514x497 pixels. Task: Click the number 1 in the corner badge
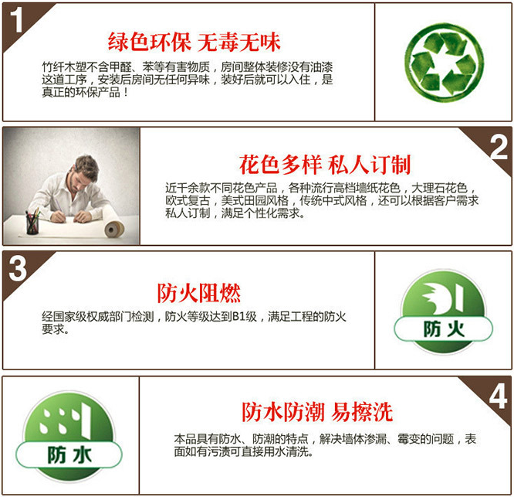tap(17, 20)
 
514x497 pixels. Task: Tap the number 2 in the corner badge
tap(499, 147)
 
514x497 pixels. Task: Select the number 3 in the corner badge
tap(18, 268)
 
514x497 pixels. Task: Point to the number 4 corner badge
tap(499, 397)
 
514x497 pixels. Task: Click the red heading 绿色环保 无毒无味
tap(194, 43)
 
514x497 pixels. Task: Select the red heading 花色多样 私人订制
tap(324, 165)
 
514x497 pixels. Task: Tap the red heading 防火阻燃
tap(198, 293)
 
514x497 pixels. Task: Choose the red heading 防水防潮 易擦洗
tap(317, 412)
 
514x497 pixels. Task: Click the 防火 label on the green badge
tap(444, 329)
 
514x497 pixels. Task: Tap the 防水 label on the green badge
tap(69, 455)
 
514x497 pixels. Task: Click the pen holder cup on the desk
tap(32, 225)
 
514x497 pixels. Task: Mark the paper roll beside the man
tap(114, 229)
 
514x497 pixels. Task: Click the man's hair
tap(86, 165)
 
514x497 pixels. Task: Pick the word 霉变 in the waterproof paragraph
tap(408, 438)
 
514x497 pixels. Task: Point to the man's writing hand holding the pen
tap(59, 216)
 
